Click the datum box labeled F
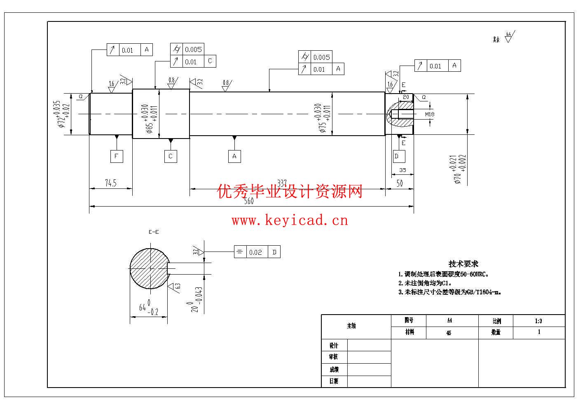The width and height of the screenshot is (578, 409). pos(117,156)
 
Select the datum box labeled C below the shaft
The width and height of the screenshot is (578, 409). pos(171,156)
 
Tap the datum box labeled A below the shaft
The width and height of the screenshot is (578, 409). pos(234,156)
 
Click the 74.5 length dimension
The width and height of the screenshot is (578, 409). pos(111,183)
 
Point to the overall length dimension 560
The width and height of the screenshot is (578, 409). pos(249,201)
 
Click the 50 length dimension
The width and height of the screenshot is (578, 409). pos(400,183)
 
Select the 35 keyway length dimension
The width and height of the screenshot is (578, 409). pos(402,170)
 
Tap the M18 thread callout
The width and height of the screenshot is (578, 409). pos(429,114)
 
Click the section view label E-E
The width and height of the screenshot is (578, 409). pos(154,232)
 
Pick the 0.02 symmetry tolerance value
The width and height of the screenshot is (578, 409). pos(255,252)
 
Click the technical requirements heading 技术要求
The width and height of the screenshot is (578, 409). pos(463,264)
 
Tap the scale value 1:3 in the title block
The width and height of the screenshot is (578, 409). pos(538,321)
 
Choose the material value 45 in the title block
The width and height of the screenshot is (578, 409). pos(449,333)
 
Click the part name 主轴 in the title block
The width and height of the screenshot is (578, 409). pos(351,326)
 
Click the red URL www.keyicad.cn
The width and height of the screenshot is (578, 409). pos(290,221)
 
